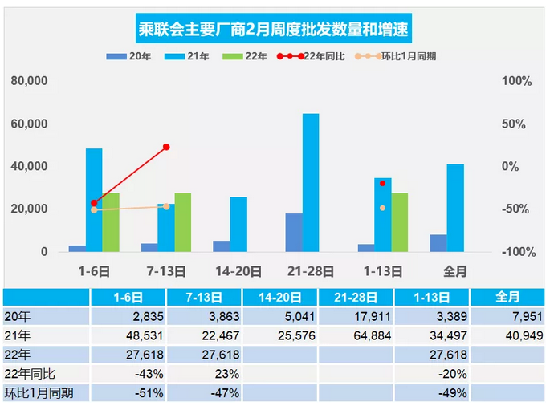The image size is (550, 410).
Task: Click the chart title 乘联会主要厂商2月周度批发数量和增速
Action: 272,30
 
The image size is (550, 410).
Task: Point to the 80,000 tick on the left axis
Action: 29,82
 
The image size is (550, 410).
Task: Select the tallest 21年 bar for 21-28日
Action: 311,182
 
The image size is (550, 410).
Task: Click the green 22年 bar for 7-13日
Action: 183,221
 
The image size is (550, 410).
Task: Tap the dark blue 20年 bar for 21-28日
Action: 294,232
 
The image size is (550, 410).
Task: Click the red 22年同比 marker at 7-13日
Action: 166,147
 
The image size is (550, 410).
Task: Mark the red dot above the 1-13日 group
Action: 383,184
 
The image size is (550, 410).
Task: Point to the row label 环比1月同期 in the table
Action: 36,393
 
